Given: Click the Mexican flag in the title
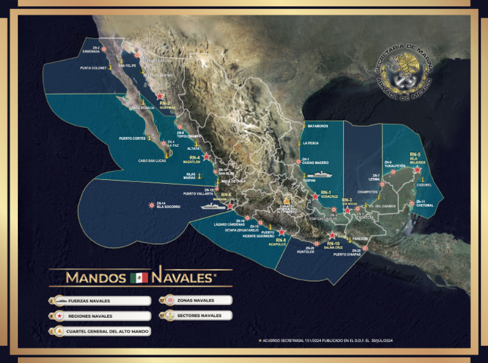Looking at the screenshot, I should pos(139,277).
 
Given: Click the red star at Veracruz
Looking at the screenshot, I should pos(315,197).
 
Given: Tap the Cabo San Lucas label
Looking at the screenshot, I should pos(152,161).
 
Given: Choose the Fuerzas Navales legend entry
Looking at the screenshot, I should pos(100,301).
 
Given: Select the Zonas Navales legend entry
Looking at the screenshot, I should pos(195,300).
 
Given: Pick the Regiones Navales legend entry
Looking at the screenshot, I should pos(100,316).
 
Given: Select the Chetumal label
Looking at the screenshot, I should pos(425,205).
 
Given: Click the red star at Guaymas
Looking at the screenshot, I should pos(159,96).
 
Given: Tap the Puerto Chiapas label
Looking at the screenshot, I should pos(347,254).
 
